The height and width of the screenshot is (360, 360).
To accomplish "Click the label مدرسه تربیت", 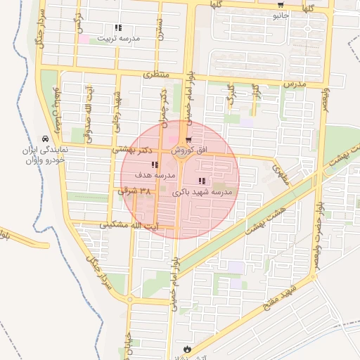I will point(118,38).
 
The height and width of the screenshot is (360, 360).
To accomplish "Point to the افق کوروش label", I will point(188,150).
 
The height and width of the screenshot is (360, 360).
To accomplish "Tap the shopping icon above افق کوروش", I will point(188,140).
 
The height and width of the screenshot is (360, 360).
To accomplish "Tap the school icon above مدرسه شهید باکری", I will point(202,181).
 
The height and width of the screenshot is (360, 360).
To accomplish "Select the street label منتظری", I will point(157,74).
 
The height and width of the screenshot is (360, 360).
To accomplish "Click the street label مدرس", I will point(296,84).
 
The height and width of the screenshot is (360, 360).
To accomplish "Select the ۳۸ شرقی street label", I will point(136,191).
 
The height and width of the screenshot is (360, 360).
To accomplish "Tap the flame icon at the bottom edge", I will point(187,348).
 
